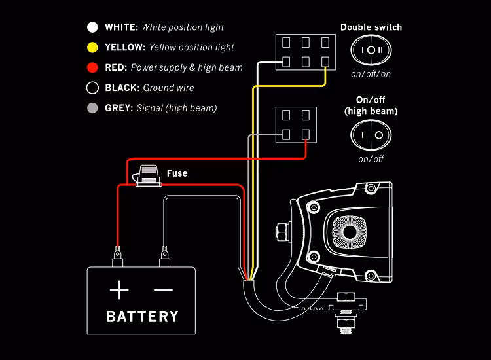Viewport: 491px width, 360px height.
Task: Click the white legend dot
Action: pyautogui.click(x=92, y=27)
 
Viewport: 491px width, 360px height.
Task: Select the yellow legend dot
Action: pyautogui.click(x=92, y=47)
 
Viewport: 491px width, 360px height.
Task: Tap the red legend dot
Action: pyautogui.click(x=92, y=67)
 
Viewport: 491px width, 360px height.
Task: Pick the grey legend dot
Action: pyautogui.click(x=92, y=108)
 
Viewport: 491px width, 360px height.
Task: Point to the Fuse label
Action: pyautogui.click(x=177, y=173)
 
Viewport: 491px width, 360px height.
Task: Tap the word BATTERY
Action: pyautogui.click(x=142, y=317)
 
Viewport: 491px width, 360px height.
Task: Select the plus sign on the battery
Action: pyautogui.click(x=119, y=289)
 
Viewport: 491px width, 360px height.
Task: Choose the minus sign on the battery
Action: pyautogui.click(x=163, y=289)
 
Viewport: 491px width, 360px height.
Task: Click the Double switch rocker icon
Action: pyautogui.click(x=371, y=50)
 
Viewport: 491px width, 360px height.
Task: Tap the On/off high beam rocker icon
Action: pyautogui.click(x=371, y=135)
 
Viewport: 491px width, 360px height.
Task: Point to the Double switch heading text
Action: pyautogui.click(x=371, y=27)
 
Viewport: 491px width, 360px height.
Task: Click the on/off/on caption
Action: pyautogui.click(x=371, y=74)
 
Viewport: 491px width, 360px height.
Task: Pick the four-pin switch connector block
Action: pyautogui.click(x=296, y=124)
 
